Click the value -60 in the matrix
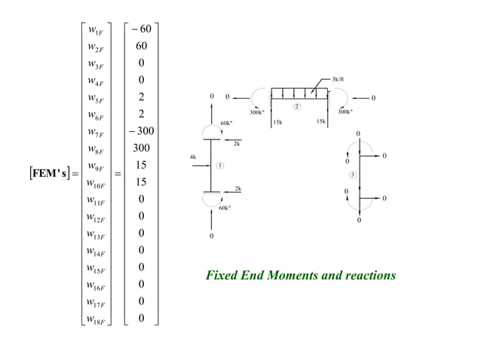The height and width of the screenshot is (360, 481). coord(140,30)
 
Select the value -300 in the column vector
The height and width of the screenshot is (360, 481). coord(140,131)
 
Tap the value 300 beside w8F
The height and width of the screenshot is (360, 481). coord(141,148)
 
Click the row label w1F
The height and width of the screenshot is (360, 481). coord(96,30)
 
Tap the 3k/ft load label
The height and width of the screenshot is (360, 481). coord(338,79)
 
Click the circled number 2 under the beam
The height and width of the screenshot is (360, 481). coord(297,106)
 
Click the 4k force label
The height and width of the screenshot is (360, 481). coord(193,157)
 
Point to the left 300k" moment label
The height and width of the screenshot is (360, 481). coord(256,112)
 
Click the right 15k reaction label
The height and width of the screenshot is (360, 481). coord(321,121)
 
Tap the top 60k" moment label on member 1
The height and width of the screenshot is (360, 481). coord(225,122)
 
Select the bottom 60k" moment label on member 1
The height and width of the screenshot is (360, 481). coord(224,206)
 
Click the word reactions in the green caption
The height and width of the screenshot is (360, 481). coord(369,276)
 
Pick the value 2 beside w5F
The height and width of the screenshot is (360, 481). coord(141,97)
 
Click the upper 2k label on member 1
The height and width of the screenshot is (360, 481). coord(237,143)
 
